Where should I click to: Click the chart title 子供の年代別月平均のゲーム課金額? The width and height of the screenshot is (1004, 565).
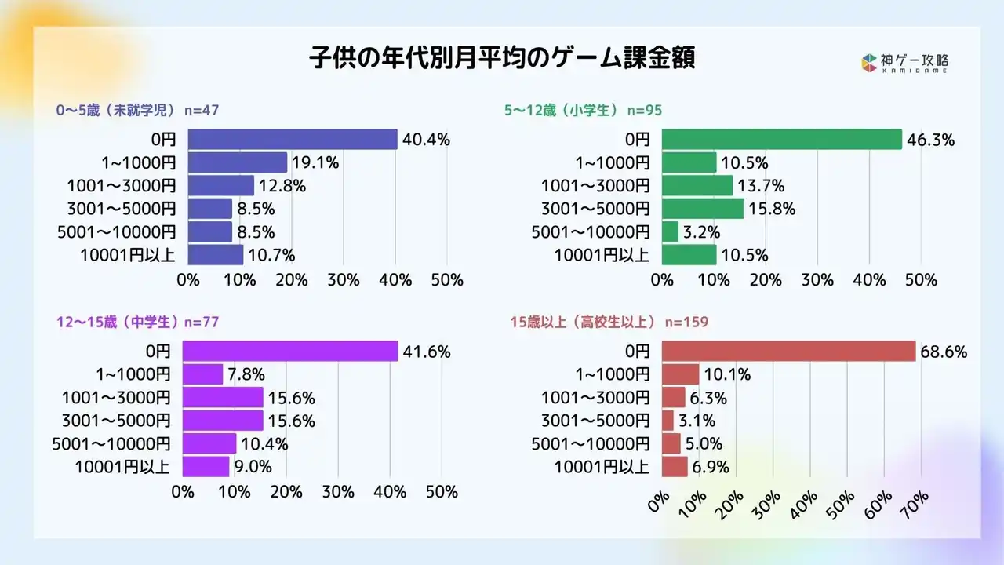click(x=502, y=59)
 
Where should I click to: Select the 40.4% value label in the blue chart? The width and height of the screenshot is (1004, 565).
click(x=426, y=140)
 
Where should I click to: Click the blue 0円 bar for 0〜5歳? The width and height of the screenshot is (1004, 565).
click(x=293, y=140)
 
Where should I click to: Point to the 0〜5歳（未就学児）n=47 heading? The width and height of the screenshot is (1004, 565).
click(x=137, y=110)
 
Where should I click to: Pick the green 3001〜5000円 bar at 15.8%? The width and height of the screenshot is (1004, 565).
click(x=703, y=209)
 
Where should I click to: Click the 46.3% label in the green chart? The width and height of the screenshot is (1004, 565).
click(x=930, y=140)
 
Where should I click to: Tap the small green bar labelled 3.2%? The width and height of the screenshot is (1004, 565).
click(x=670, y=231)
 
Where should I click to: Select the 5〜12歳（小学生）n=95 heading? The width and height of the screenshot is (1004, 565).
click(x=583, y=110)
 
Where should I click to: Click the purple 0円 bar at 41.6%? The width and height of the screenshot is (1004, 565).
click(x=290, y=352)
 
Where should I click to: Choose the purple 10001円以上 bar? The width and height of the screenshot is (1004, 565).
click(x=206, y=466)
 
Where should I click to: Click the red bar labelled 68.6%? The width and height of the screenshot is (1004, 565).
click(x=788, y=352)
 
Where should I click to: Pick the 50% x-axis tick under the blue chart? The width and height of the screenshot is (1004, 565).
click(x=447, y=280)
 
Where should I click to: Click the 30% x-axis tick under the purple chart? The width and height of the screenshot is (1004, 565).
click(x=338, y=492)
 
